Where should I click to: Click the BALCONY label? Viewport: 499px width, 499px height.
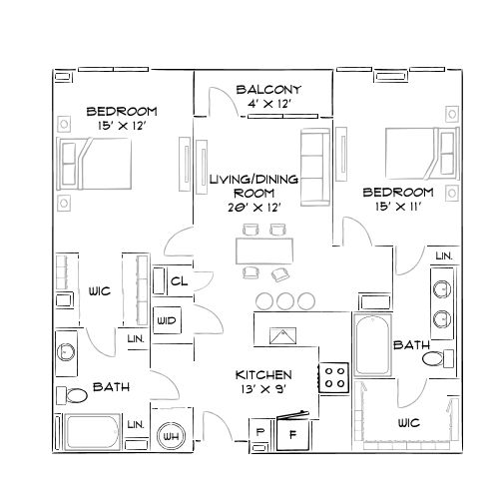click(268, 91)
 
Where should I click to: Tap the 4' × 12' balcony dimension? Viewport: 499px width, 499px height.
click(268, 105)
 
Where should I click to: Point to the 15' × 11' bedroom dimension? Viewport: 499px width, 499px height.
click(397, 207)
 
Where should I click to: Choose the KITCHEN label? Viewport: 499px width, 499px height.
click(263, 374)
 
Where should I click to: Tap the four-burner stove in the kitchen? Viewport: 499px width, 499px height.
click(334, 377)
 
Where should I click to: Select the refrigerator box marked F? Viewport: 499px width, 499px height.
click(293, 433)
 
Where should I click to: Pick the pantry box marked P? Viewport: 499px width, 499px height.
click(260, 432)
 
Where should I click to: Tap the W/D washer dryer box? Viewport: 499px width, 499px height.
click(167, 320)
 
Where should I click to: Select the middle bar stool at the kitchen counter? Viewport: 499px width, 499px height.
click(284, 300)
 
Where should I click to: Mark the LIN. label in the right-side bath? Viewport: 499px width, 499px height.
click(443, 256)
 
